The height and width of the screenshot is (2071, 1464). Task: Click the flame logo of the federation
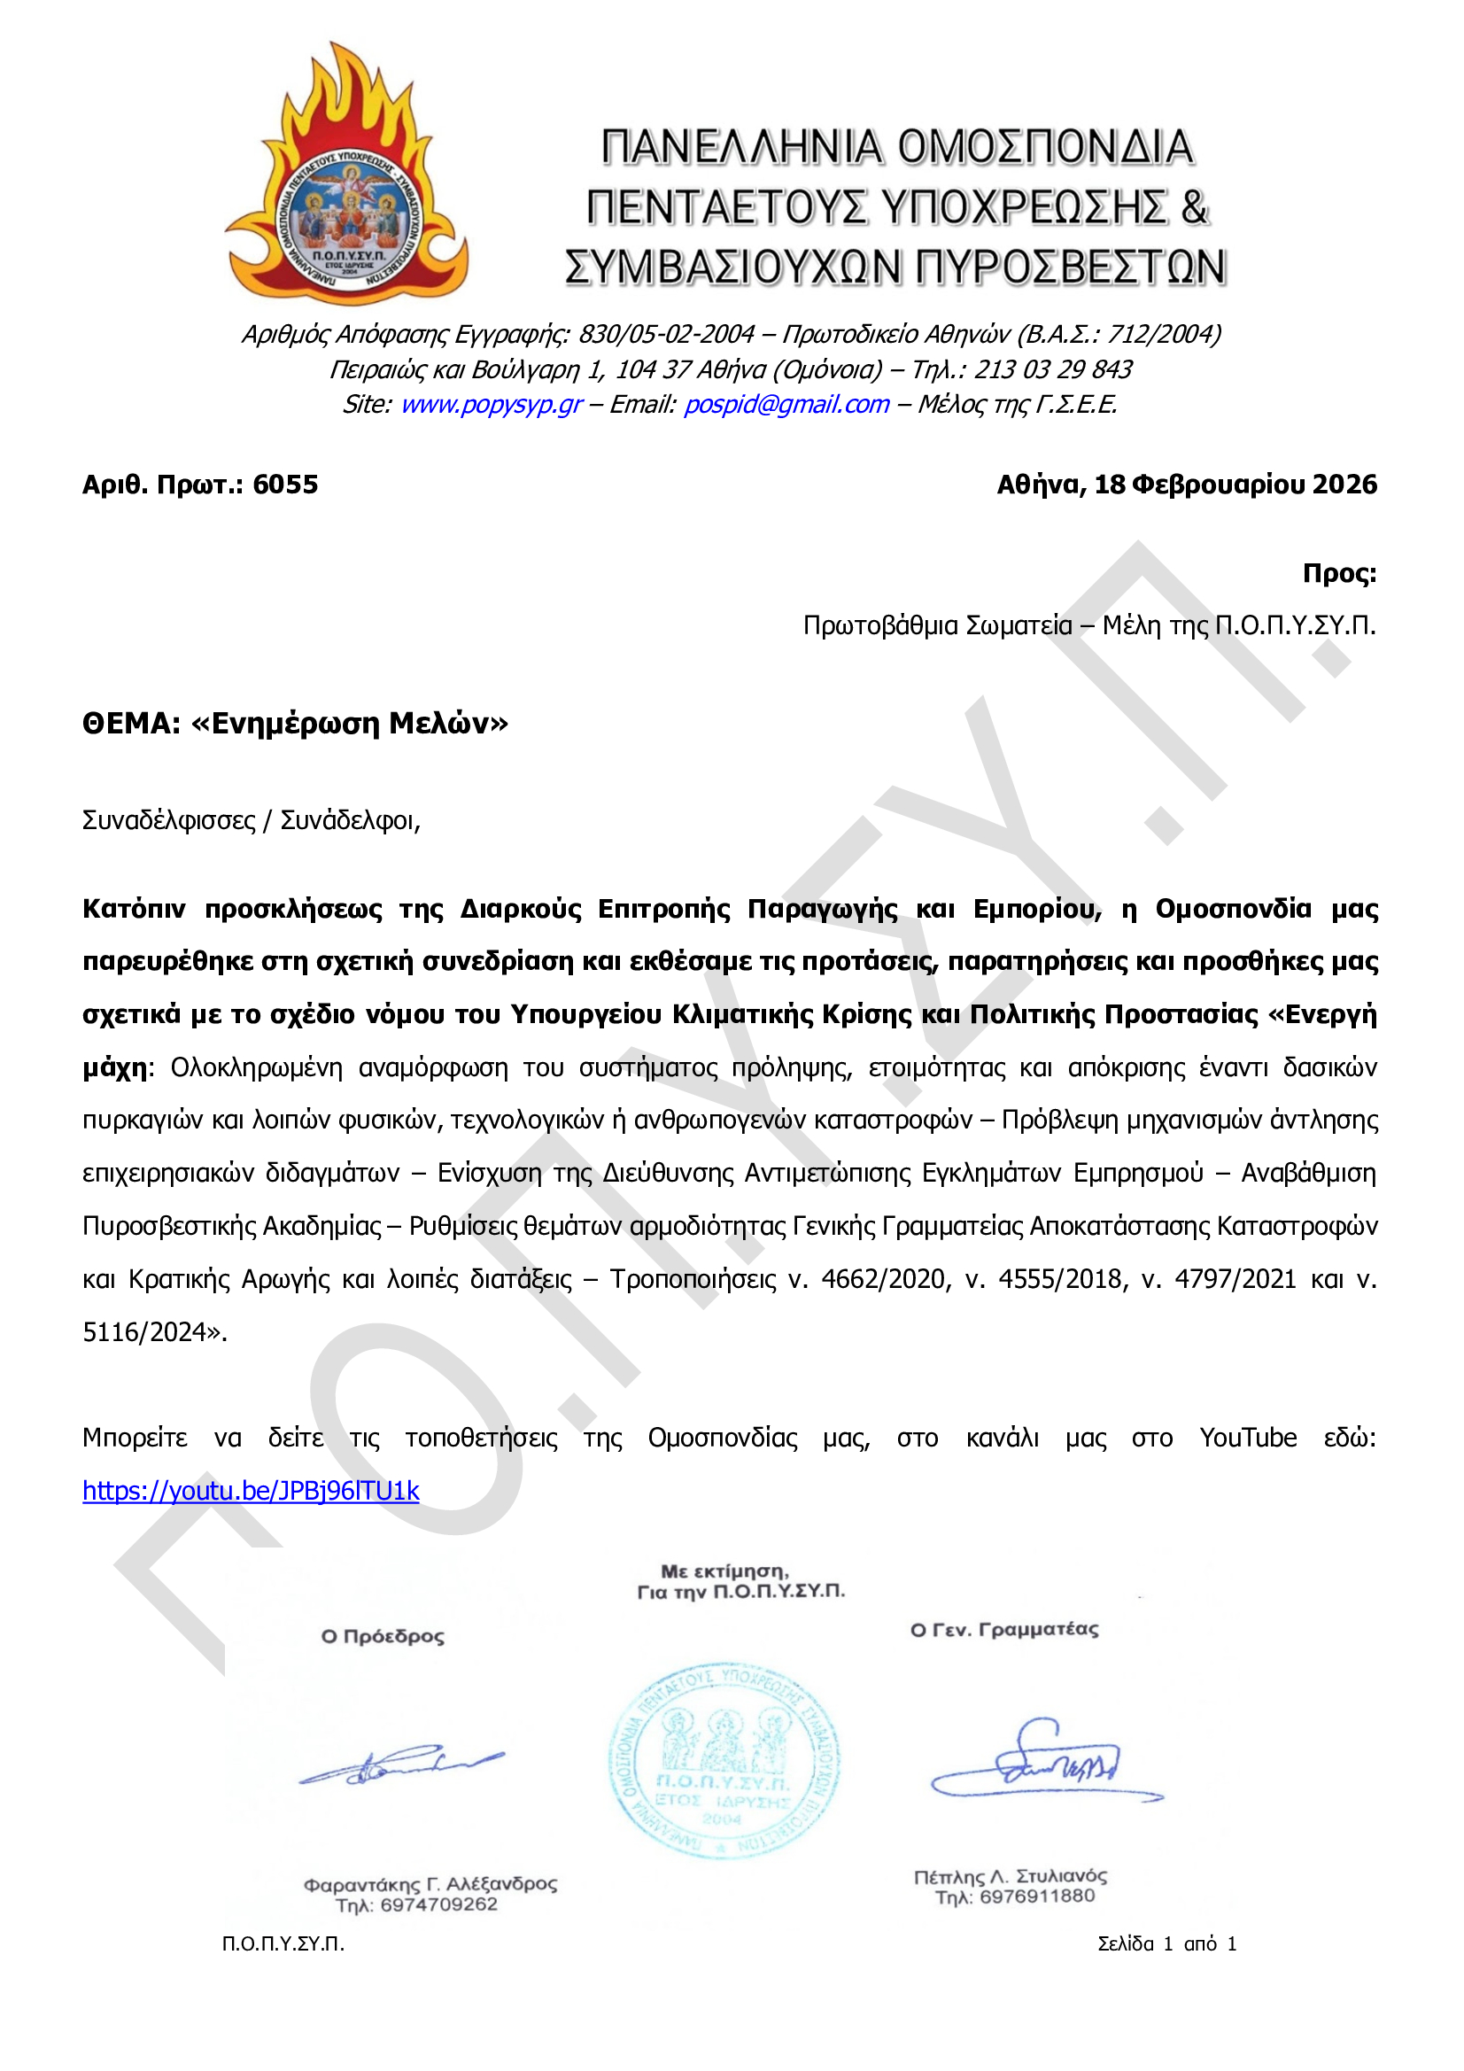[346, 176]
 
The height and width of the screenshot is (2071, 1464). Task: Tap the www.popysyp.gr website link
[491, 404]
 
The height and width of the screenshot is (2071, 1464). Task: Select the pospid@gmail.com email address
[786, 404]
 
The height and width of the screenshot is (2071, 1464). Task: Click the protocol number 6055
[285, 485]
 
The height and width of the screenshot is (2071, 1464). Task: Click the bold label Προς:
[1338, 574]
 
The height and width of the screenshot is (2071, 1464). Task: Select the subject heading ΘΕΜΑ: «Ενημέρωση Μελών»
[295, 724]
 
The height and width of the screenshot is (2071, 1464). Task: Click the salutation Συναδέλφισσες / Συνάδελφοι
[251, 821]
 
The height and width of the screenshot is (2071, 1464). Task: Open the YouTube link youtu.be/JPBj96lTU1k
[251, 1491]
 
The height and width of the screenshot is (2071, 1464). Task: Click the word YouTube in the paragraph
[1248, 1438]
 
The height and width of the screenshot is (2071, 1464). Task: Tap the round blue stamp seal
[724, 1760]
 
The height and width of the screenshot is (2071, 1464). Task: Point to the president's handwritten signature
[401, 1769]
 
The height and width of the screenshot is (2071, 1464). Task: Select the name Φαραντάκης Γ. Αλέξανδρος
[430, 1883]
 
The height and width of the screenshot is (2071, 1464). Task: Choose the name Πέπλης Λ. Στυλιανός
[1011, 1876]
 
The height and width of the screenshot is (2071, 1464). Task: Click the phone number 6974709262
[438, 1904]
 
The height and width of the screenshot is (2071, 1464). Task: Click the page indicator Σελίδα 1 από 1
[1166, 1943]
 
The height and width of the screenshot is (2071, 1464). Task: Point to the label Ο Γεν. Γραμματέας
[1004, 1630]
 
